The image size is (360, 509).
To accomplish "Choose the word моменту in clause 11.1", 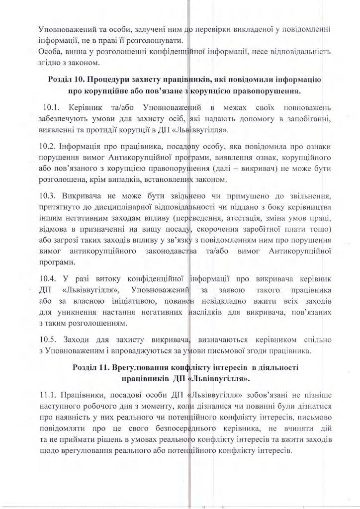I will point(133,408).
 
